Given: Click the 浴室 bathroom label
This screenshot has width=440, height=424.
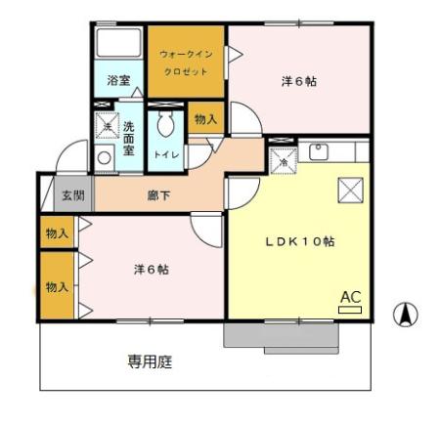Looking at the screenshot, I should coord(119,80).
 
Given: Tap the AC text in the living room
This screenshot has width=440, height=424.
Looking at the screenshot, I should coord(349,296).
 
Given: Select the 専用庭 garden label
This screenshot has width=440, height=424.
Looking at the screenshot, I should coord(151,361).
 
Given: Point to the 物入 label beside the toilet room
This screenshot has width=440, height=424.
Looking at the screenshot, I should coord(205,119).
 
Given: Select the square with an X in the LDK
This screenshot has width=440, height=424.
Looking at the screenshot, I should coord(349,190).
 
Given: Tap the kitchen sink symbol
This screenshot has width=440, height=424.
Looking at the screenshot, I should coord(318,151).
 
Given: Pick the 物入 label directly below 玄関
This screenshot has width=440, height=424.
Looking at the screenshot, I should coord(57,234).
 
